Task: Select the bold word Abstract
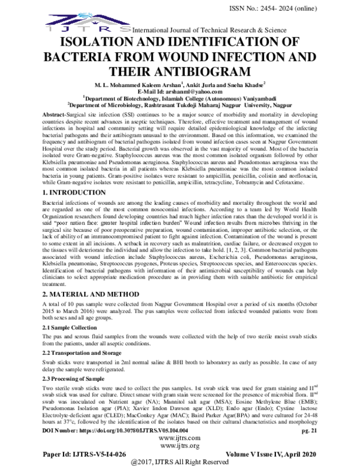pyautogui.click(x=58, y=114)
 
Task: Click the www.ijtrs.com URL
pyautogui.click(x=179, y=439)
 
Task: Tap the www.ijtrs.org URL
pyautogui.click(x=179, y=446)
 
